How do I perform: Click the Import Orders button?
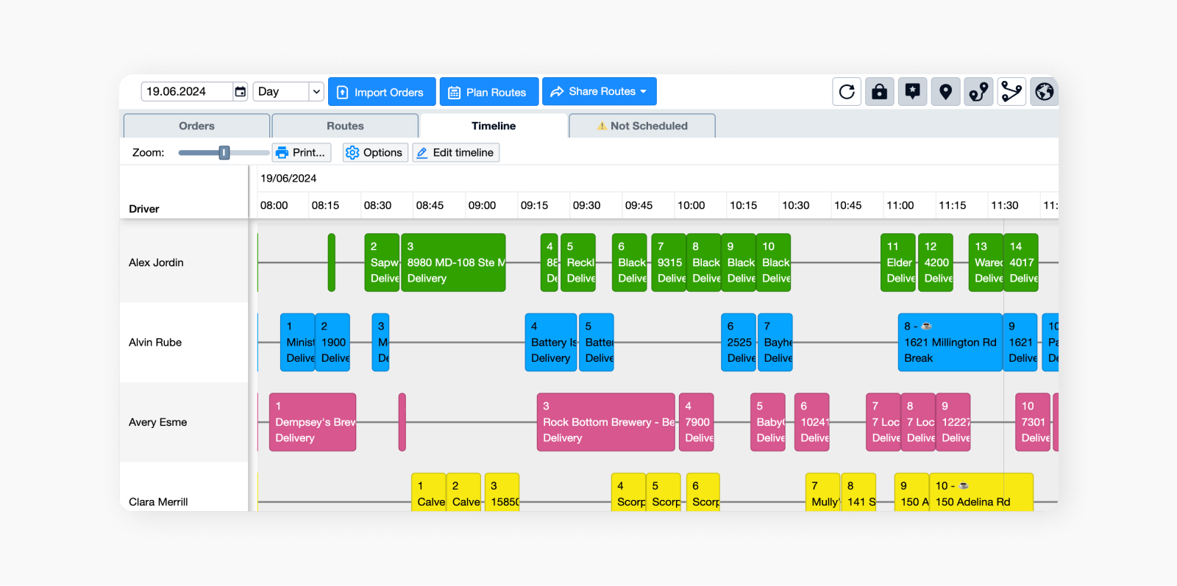[x=382, y=92]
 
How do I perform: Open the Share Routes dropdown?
[x=600, y=92]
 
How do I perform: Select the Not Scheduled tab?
[x=642, y=126]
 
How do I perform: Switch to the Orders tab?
[x=196, y=126]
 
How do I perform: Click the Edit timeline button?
[x=455, y=153]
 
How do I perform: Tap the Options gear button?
[x=375, y=153]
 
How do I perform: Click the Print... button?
[x=302, y=153]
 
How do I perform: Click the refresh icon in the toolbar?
[x=847, y=92]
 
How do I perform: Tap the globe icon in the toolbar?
[x=1044, y=92]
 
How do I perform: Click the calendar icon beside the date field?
[x=241, y=92]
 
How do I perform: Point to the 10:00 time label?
[x=691, y=206]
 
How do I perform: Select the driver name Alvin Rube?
[x=155, y=343]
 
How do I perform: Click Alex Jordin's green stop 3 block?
[x=453, y=262]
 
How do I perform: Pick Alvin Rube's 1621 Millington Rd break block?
[x=950, y=343]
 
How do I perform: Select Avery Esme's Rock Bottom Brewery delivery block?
[x=605, y=422]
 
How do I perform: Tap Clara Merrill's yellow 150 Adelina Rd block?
[x=981, y=494]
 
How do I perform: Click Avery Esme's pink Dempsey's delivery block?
[x=313, y=422]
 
